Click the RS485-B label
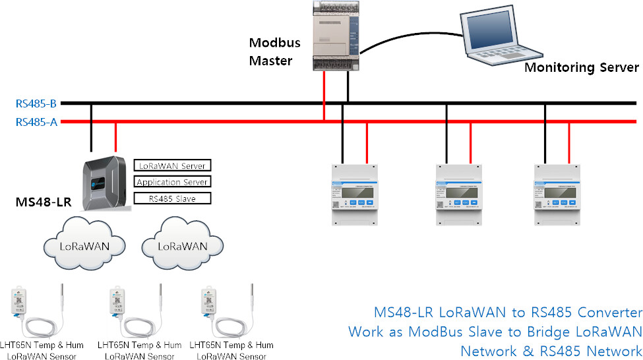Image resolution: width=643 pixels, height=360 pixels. coord(36,104)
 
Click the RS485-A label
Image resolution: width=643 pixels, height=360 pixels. coord(36,121)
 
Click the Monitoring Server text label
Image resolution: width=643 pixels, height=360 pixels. coord(581,67)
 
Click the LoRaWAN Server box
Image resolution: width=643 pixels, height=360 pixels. coord(172,165)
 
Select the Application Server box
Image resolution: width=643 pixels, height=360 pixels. coord(172,182)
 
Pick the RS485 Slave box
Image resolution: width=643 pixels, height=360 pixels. coord(172,198)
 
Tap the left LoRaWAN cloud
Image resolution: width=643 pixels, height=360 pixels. coord(84,245)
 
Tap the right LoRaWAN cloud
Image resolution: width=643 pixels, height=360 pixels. coord(182,245)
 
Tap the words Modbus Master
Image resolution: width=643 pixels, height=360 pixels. coord(274,52)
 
